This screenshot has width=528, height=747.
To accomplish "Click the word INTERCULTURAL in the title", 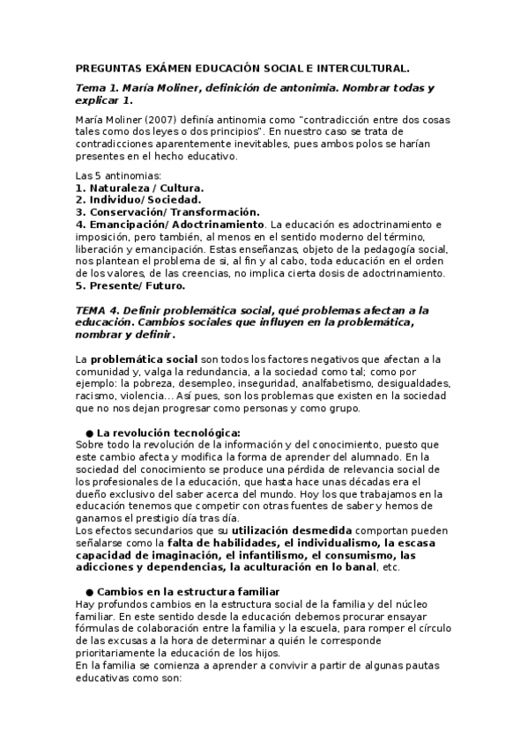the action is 363,67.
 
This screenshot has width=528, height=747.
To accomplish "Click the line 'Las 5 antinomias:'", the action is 112,176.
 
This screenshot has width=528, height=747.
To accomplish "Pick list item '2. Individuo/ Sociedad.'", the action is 139,200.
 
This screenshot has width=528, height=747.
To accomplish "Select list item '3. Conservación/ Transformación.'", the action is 167,212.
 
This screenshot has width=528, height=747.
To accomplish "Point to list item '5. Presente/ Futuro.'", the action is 130,285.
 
